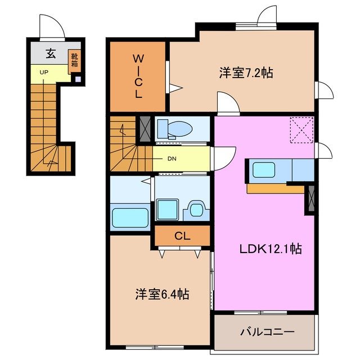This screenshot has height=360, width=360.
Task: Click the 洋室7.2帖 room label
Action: pyautogui.click(x=246, y=73)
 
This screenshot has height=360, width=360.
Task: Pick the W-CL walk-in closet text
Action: pyautogui.click(x=138, y=76)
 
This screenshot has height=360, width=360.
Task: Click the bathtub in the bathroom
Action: pyautogui.click(x=130, y=217)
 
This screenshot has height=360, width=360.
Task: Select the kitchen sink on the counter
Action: pyautogui.click(x=263, y=169)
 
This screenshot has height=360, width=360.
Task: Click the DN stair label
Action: pyautogui.click(x=172, y=159)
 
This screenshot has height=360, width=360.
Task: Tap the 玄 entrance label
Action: pyautogui.click(x=51, y=54)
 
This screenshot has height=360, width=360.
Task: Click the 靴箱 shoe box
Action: pyautogui.click(x=74, y=60)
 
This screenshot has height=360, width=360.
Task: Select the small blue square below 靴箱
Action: pyautogui.click(x=78, y=78)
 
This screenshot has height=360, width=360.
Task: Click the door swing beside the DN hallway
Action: pyautogui.click(x=225, y=156)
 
